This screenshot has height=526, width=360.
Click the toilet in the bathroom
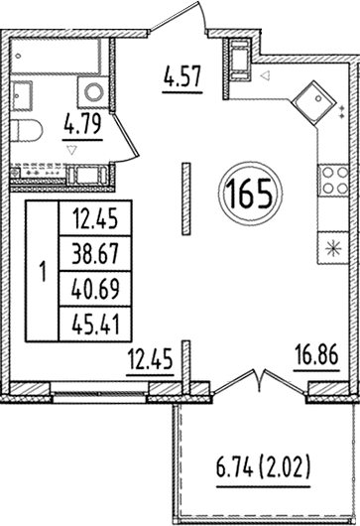click(29, 129)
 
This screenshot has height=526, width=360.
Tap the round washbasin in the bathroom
click(95, 92)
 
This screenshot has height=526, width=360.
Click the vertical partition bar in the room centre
click(185, 197)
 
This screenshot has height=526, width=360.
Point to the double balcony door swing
click(260, 382)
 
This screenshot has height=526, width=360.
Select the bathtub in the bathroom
click(60, 57)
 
